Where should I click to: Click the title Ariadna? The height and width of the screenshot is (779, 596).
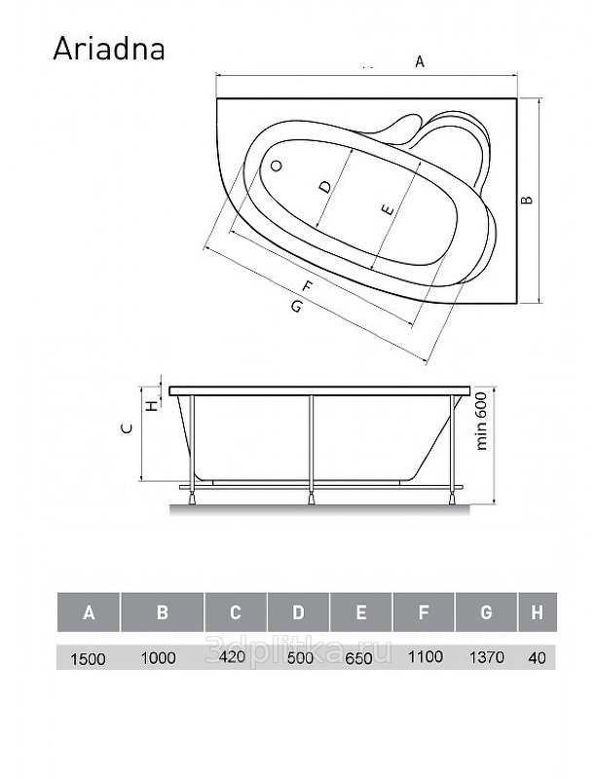pyautogui.click(x=109, y=49)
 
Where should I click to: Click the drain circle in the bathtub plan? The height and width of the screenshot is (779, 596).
pyautogui.click(x=277, y=166)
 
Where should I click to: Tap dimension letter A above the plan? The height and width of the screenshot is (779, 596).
pyautogui.click(x=420, y=62)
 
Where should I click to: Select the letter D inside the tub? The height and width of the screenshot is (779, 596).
pyautogui.click(x=324, y=187)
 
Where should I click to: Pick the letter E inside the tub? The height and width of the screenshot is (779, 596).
pyautogui.click(x=388, y=210)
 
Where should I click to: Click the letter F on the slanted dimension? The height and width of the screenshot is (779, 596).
pyautogui.click(x=308, y=286)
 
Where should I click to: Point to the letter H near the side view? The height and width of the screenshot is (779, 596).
pyautogui.click(x=153, y=405)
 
